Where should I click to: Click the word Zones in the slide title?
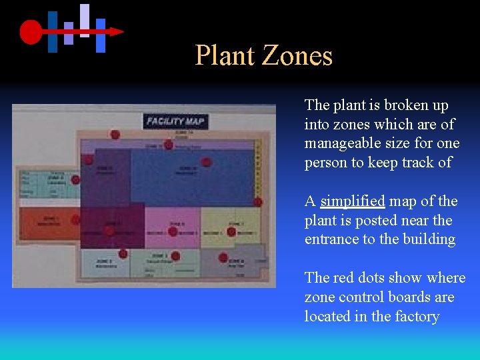pos(297,55)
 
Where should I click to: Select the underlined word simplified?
pos(353,201)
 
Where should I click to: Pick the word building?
pos(429,239)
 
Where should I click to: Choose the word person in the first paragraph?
pos(325,163)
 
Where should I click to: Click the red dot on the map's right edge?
pos(257,202)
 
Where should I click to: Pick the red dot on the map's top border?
pos(115,135)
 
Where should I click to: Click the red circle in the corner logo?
pos(31,31)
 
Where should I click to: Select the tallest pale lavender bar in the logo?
pos(85,20)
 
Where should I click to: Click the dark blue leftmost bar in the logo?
pos(53,31)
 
